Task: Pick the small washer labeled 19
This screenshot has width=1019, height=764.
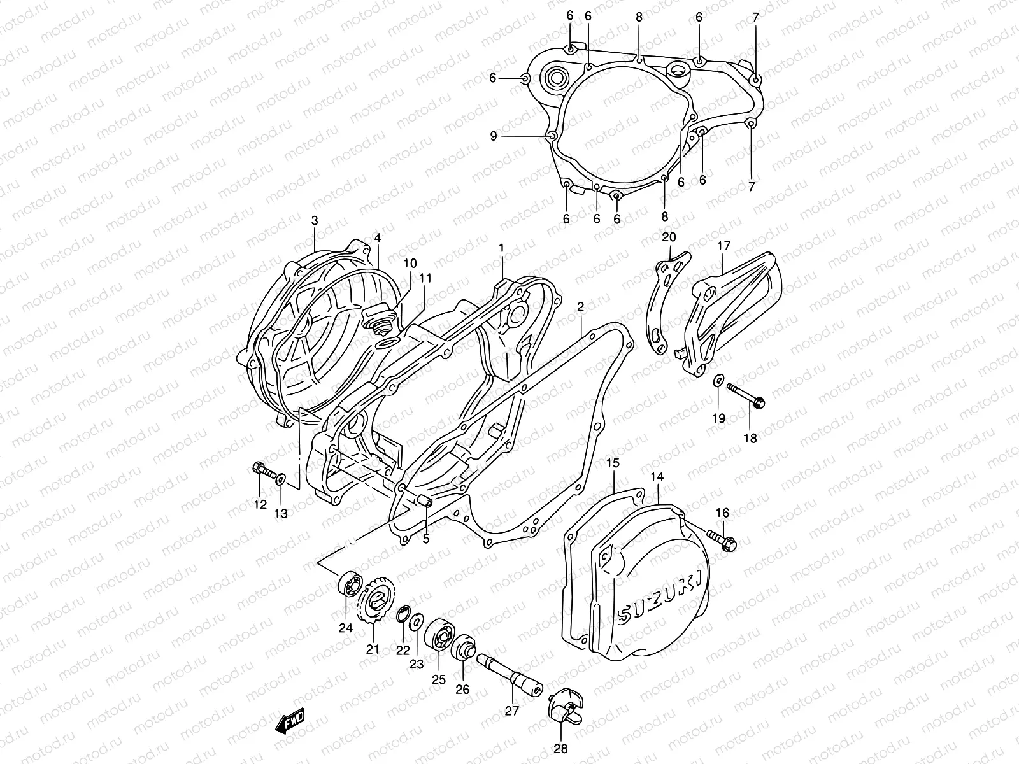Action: pos(718,381)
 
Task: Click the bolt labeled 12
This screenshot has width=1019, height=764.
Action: pos(263,471)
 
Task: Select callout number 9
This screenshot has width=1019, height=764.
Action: pos(493,136)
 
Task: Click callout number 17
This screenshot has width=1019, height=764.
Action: pos(724,245)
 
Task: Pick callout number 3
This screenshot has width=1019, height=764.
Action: pos(315,220)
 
